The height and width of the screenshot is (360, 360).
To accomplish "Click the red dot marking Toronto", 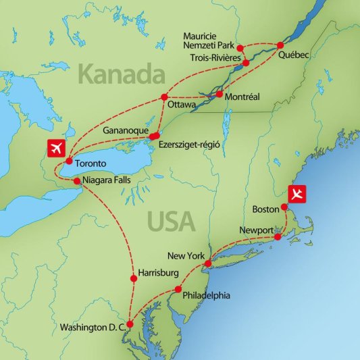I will point(69,161).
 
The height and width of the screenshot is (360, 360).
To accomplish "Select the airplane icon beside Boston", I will point(297,194).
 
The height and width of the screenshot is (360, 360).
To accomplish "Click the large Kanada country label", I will point(122,73).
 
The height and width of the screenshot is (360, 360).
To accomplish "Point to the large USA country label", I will point(171,221).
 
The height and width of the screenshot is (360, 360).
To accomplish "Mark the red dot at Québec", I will point(280,45).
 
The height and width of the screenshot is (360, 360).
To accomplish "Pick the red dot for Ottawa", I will point(163,98).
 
